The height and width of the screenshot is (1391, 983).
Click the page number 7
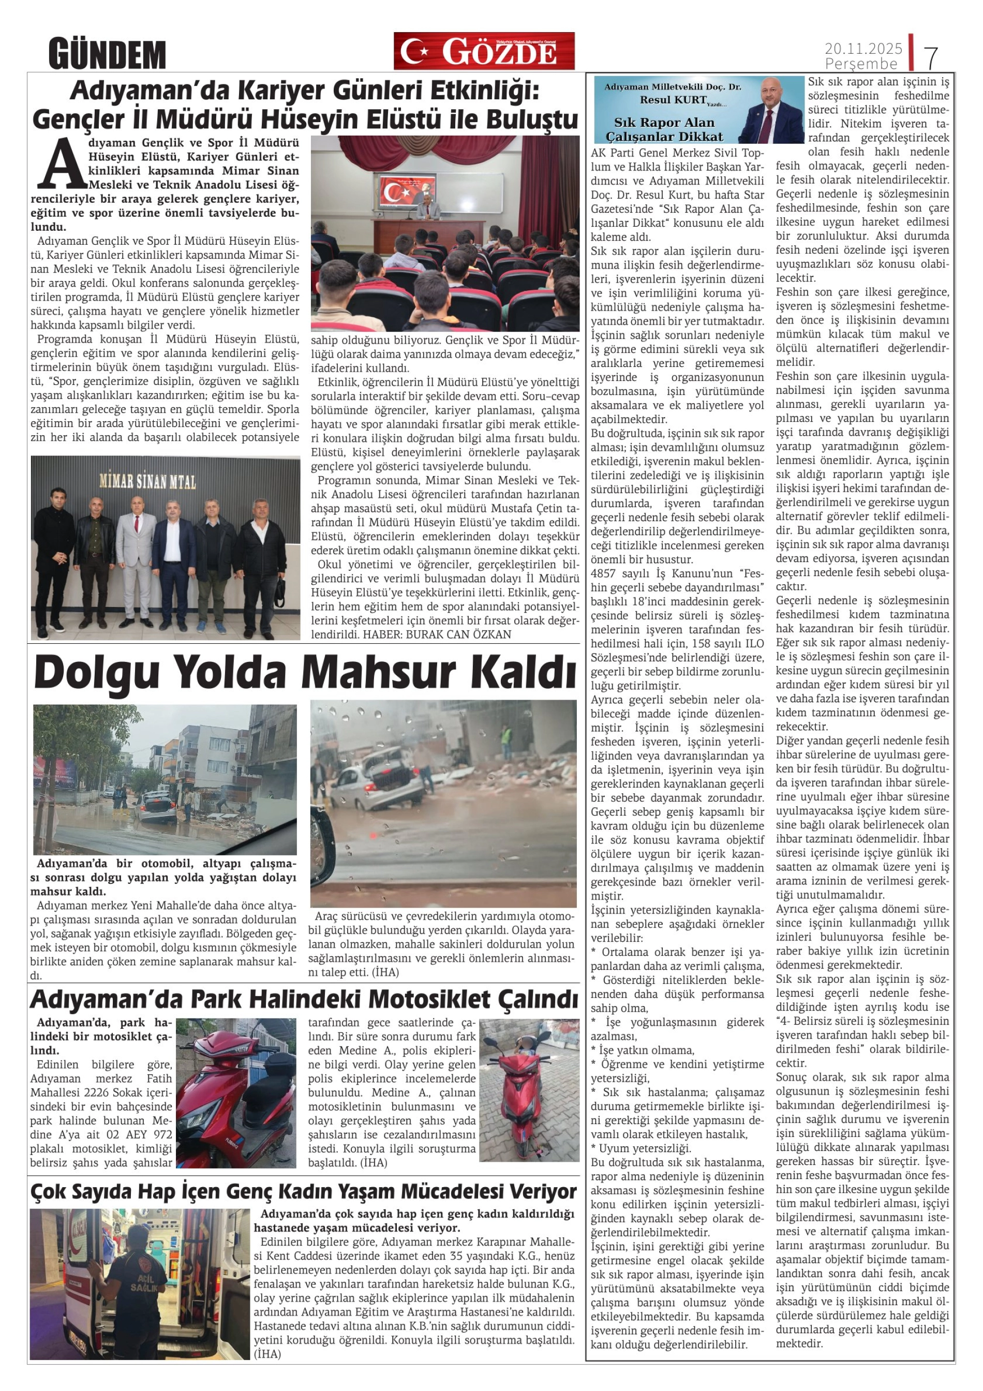[x=931, y=57]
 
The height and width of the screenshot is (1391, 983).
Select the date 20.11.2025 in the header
[x=863, y=49]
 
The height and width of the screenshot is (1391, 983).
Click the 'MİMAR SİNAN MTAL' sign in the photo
[x=148, y=482]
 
